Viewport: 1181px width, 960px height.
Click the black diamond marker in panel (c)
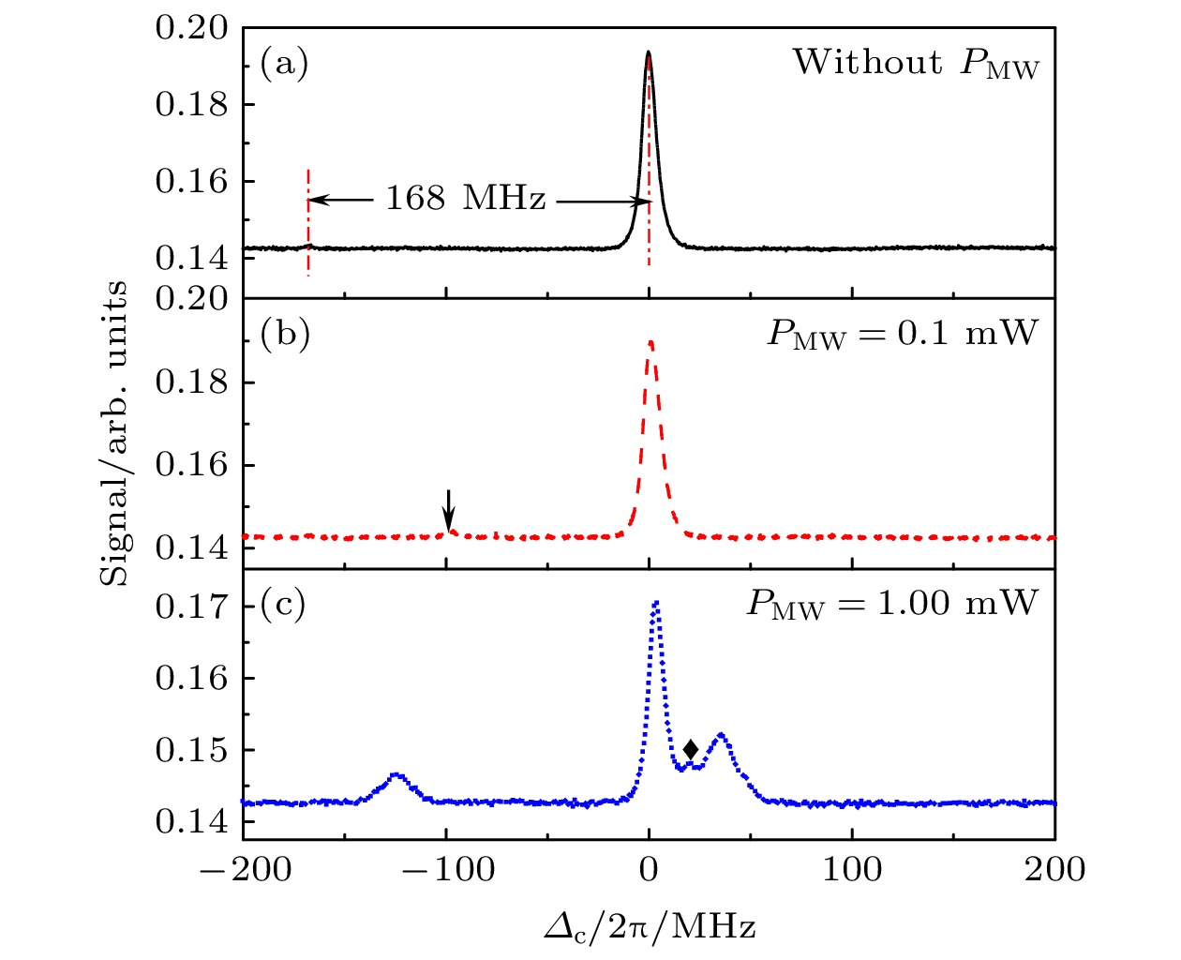(691, 749)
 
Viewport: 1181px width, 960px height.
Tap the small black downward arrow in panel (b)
(449, 510)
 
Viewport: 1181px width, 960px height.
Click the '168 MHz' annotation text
(465, 199)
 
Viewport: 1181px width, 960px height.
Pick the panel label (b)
(285, 335)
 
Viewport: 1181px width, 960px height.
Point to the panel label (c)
(284, 605)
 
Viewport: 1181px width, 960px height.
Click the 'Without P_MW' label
(916, 64)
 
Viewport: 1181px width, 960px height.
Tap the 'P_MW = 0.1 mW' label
(903, 334)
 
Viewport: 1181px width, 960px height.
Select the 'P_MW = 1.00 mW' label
(892, 603)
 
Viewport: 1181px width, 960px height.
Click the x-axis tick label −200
(245, 869)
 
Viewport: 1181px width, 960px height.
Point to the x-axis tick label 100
(852, 869)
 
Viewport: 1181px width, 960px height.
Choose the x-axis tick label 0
(649, 869)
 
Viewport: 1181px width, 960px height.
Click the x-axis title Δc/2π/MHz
(650, 927)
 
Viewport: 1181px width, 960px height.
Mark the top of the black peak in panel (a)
(648, 53)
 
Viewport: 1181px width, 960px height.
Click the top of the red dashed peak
(650, 342)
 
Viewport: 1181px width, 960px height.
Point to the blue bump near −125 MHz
(396, 775)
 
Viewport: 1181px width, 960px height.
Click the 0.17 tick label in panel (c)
(191, 607)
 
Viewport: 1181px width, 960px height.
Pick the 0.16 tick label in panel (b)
(191, 465)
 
